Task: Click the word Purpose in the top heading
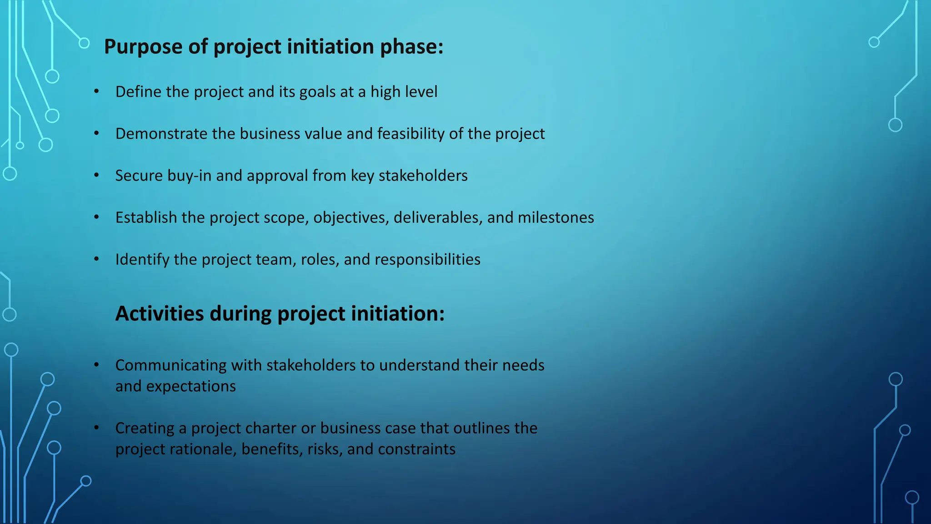coord(143,47)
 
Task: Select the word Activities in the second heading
coord(160,314)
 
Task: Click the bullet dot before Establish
coord(96,217)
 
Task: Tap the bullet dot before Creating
coord(96,428)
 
